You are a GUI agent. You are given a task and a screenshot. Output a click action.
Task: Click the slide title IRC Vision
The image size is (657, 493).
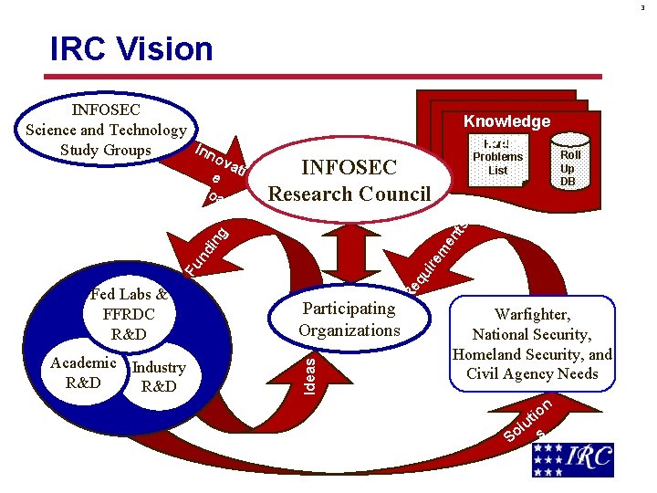coord(131,48)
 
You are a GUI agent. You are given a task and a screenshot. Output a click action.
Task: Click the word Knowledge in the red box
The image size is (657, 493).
coord(506,121)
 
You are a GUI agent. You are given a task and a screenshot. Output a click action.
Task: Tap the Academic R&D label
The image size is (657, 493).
coord(83,372)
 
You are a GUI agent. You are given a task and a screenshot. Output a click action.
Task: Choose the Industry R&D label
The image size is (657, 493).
coord(159,376)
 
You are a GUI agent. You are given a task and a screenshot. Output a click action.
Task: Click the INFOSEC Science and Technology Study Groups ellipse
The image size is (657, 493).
coord(105,130)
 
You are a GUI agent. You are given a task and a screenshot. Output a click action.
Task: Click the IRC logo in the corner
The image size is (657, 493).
coord(574,459)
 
